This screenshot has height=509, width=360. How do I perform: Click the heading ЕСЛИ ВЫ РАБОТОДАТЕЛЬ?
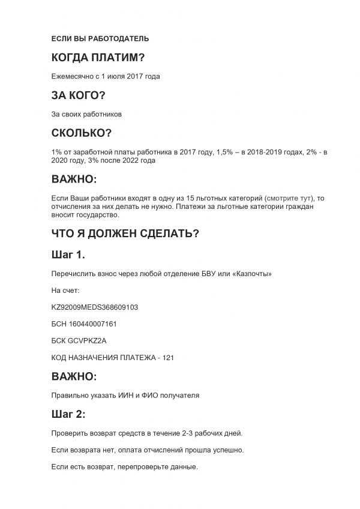point(100,39)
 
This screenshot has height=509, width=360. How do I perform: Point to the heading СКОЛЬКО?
point(82,133)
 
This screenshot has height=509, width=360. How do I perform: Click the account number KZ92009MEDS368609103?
point(95,307)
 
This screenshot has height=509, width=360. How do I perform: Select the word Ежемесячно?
point(71,76)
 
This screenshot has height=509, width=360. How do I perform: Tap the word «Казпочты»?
point(255,274)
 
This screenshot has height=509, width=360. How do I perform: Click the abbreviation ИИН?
point(125,396)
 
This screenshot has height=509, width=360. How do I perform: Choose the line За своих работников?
point(87,113)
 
